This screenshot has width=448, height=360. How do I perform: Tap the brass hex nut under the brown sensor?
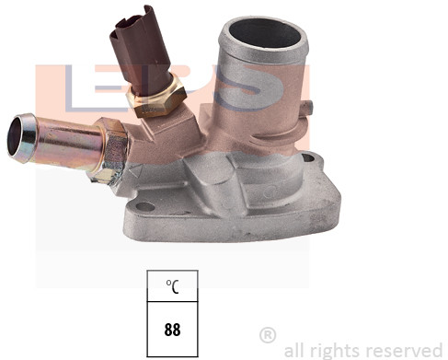click(161, 99)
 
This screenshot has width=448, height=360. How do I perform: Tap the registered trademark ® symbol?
click(268, 333)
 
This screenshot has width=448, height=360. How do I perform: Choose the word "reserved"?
click(404, 350)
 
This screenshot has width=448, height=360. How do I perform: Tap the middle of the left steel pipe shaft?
click(68, 139)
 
